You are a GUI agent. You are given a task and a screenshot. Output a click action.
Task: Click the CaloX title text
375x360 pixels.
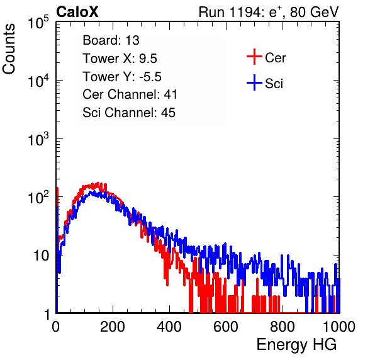[77, 12]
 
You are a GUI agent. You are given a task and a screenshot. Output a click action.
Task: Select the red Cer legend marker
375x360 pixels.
[254, 57]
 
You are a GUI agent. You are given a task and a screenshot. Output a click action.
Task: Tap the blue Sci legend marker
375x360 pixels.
[254, 82]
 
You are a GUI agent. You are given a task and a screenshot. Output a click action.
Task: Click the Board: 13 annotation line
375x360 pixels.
[111, 40]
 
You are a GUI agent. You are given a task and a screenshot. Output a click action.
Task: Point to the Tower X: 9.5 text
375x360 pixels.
[120, 59]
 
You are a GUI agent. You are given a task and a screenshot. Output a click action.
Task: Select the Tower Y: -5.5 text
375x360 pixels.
[122, 77]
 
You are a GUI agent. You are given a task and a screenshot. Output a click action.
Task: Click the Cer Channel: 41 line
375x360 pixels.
[130, 94]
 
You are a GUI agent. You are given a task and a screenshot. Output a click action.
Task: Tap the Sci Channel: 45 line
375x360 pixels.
[129, 113]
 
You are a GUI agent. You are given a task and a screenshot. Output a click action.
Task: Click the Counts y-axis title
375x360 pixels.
[9, 49]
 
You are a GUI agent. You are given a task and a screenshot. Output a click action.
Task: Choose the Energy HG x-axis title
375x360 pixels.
[296, 345]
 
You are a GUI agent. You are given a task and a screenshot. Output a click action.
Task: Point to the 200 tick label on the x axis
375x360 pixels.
[113, 327]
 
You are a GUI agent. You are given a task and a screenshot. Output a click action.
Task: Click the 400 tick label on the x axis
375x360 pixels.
[169, 327]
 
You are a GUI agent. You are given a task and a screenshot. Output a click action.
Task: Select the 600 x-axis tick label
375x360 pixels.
[226, 327]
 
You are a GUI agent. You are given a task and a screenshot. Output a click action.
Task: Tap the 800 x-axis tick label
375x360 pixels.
[283, 327]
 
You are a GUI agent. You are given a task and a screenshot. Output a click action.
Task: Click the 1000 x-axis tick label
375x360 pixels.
[339, 327]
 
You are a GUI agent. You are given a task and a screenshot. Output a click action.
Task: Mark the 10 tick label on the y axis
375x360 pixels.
[41, 256]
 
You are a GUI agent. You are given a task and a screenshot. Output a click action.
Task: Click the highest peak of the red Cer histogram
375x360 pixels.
[98, 184]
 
